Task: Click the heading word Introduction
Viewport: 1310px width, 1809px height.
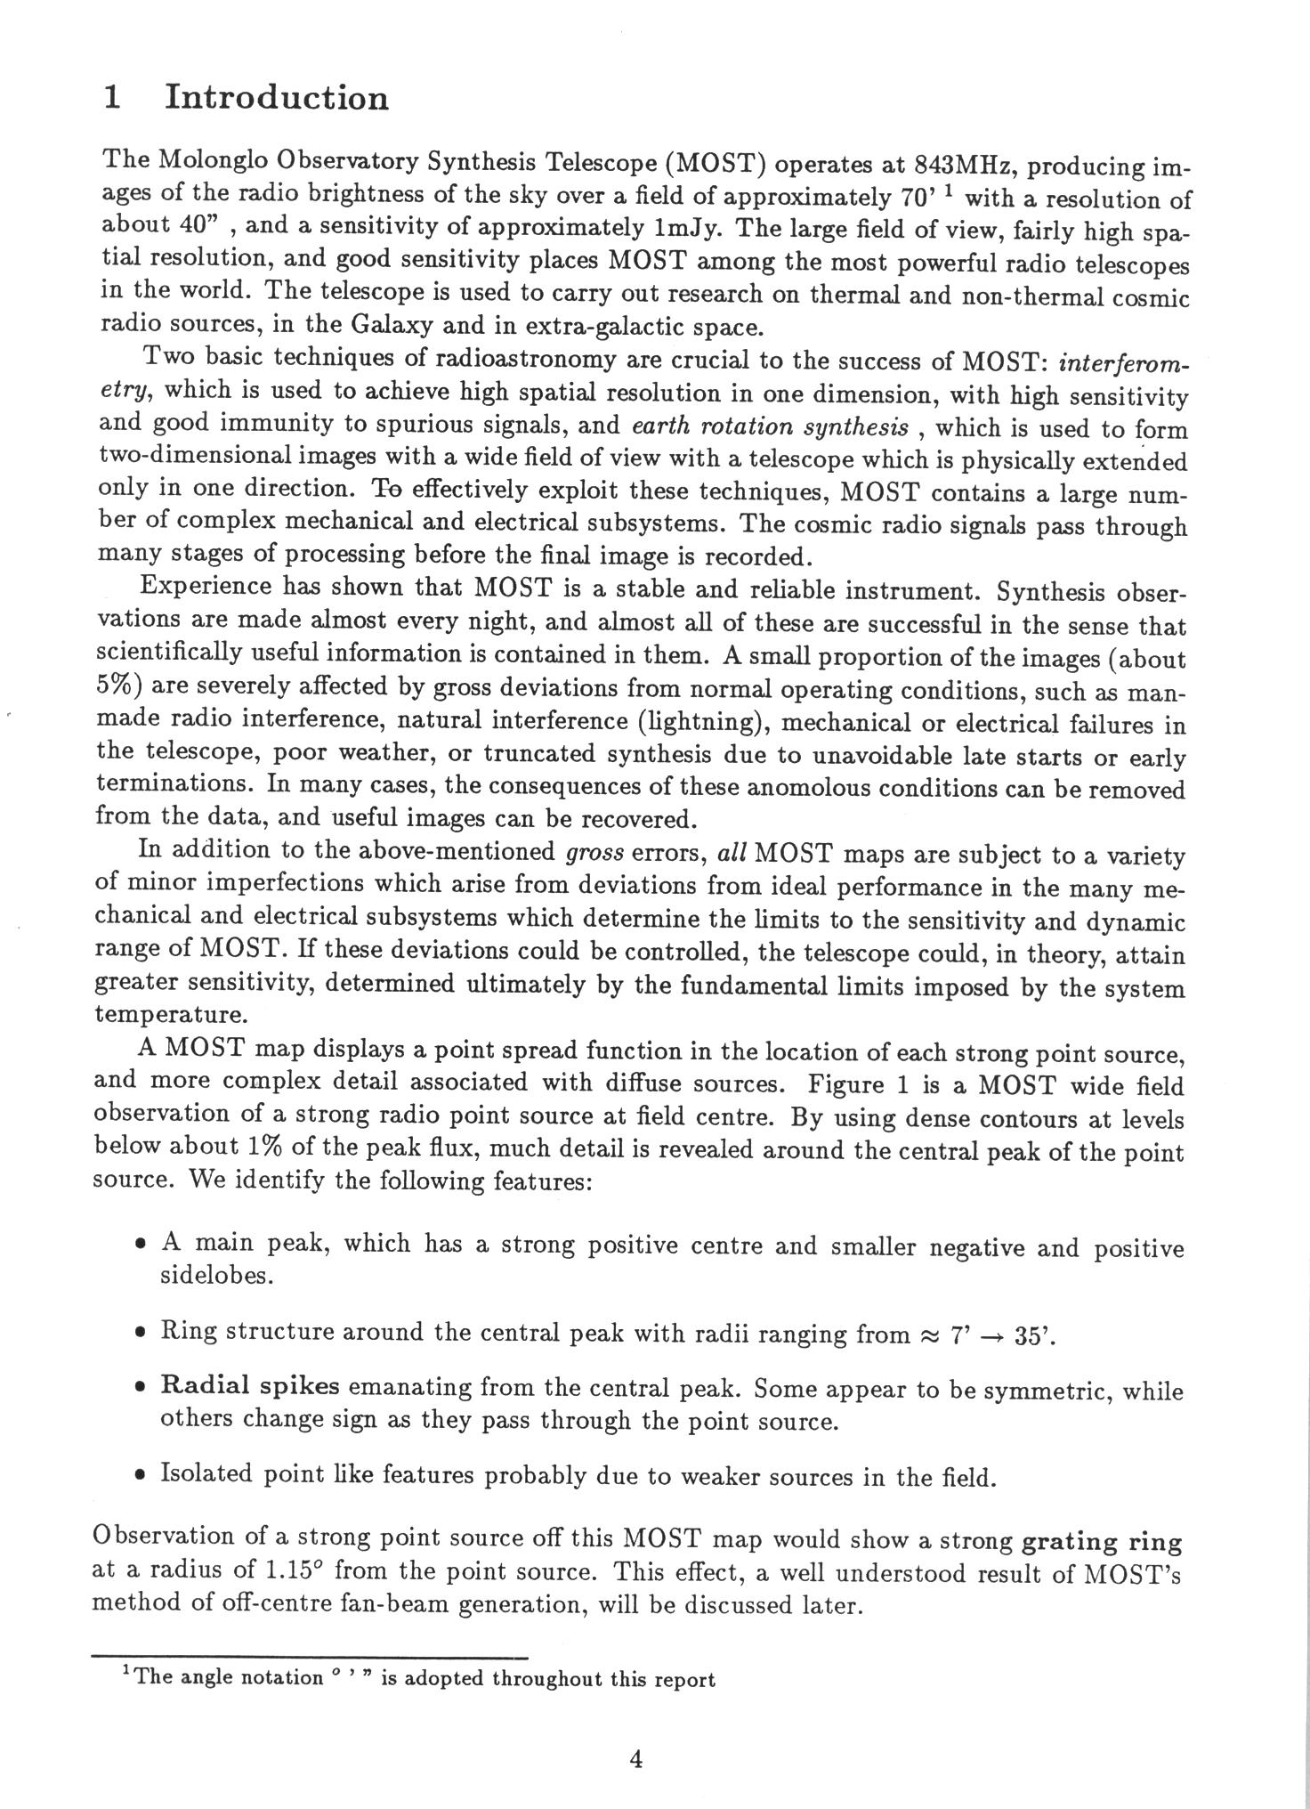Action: click(x=277, y=97)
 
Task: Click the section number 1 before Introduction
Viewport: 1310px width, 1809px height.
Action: click(x=112, y=97)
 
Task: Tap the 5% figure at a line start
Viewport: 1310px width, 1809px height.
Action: click(x=115, y=686)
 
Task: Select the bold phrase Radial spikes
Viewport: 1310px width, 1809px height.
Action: click(x=249, y=1387)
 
